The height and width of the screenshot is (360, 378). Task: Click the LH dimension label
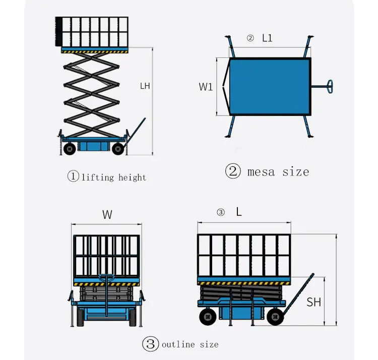[145, 86]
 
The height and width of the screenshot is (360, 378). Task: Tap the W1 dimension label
[206, 87]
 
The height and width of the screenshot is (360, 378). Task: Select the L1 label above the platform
[267, 38]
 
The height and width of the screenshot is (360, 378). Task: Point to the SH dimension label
[313, 302]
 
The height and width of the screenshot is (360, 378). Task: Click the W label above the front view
[107, 215]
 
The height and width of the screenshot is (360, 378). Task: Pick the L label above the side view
[239, 212]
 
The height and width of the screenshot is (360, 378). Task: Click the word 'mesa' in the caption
[262, 171]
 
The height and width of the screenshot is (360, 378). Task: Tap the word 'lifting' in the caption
[99, 177]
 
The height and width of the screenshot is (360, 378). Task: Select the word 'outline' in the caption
[177, 344]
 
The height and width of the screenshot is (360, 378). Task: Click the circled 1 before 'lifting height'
[73, 176]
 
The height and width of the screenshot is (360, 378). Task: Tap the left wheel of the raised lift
[69, 148]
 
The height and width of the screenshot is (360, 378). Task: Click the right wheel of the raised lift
[118, 148]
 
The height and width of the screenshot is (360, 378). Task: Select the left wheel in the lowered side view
[207, 316]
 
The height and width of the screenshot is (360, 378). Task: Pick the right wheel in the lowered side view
[275, 317]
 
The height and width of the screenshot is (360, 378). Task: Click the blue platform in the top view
[270, 86]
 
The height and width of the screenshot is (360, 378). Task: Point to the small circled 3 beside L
[220, 213]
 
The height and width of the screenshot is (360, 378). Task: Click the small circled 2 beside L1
[249, 38]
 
